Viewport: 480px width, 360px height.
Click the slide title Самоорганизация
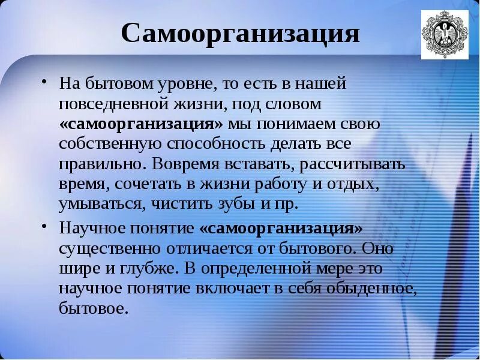point(240,34)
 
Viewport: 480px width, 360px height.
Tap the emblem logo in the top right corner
point(444,35)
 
